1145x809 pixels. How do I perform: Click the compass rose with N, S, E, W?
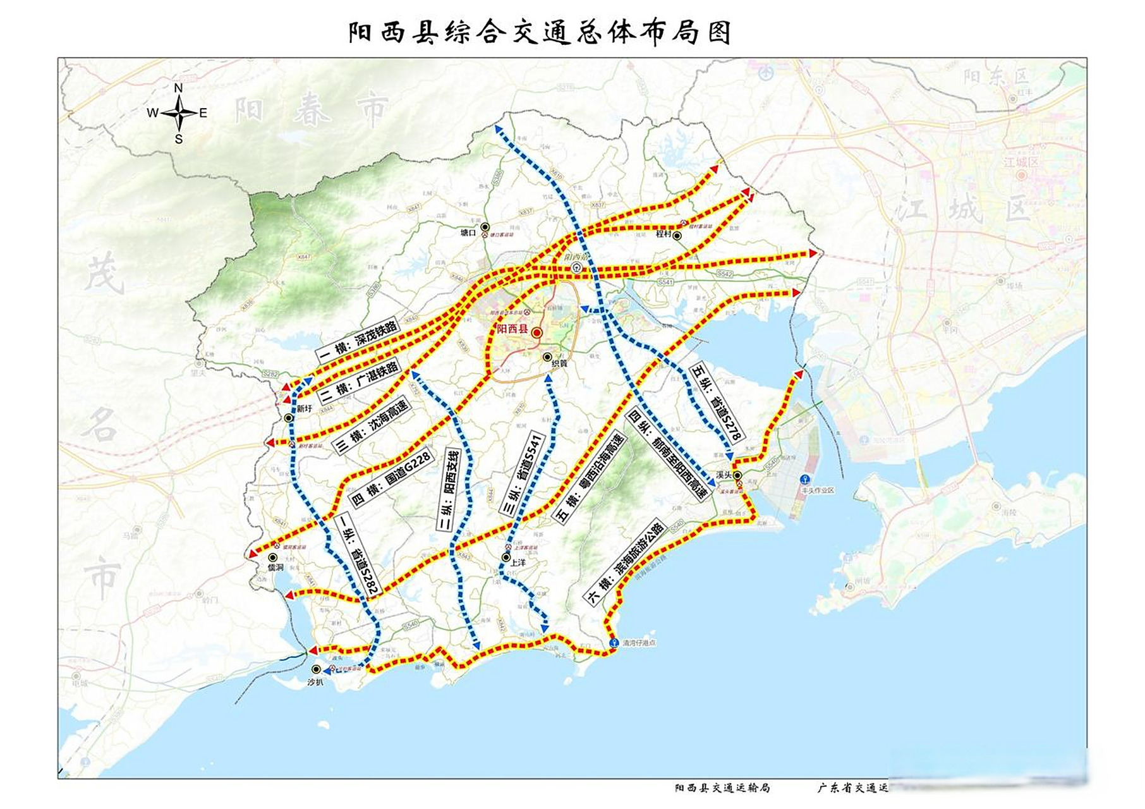click(x=179, y=113)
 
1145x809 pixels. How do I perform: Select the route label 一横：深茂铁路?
click(x=357, y=339)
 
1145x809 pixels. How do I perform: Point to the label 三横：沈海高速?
click(x=371, y=426)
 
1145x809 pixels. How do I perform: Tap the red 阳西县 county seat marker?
click(x=536, y=332)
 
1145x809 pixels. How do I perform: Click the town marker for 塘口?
click(x=485, y=227)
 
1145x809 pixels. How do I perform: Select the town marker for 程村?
click(x=677, y=236)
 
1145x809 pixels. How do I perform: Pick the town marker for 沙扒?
click(x=316, y=669)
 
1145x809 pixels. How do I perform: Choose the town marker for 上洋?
click(x=506, y=557)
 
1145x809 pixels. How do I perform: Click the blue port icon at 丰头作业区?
click(x=805, y=480)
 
